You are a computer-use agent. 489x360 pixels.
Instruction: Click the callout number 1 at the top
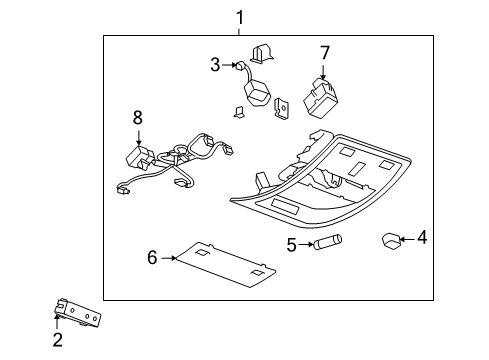239,16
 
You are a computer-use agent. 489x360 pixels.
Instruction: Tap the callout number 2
57,341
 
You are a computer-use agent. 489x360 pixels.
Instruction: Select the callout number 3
215,66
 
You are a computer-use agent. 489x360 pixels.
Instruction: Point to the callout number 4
421,239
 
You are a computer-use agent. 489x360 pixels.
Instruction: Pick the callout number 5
291,243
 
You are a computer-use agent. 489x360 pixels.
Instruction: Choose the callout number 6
153,257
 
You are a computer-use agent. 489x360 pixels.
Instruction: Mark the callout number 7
324,51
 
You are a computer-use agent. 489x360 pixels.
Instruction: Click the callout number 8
138,119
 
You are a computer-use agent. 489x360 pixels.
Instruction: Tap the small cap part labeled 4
391,240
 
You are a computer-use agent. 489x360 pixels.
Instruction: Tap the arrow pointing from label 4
407,239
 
